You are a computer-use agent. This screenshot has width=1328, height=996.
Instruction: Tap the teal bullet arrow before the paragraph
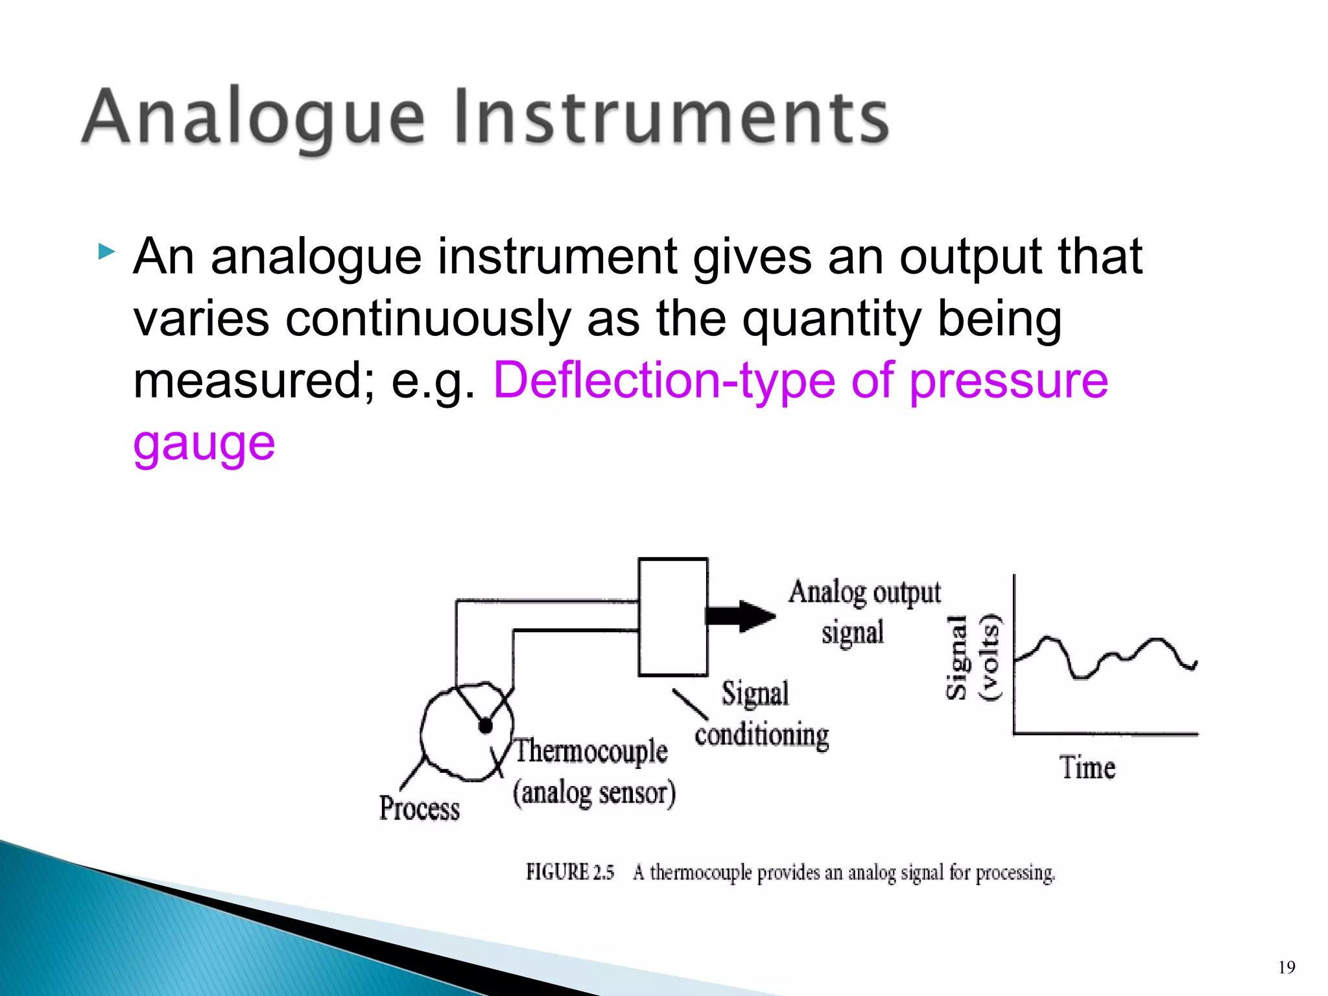[107, 252]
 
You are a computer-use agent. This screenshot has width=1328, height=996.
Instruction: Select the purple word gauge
[204, 444]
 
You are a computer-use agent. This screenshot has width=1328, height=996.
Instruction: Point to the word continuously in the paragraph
[428, 319]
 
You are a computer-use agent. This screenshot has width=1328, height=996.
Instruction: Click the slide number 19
[1286, 968]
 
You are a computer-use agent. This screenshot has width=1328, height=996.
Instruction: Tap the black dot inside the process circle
[485, 726]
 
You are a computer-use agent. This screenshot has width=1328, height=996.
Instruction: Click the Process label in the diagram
[420, 809]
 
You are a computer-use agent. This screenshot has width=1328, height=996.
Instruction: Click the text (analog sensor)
[594, 792]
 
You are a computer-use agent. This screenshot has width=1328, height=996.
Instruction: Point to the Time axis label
[1087, 768]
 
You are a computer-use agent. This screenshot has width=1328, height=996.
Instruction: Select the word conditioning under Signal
[762, 735]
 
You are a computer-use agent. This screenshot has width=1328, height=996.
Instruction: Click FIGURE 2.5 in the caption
[569, 873]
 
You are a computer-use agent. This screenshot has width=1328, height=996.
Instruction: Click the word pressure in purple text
[1009, 381]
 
